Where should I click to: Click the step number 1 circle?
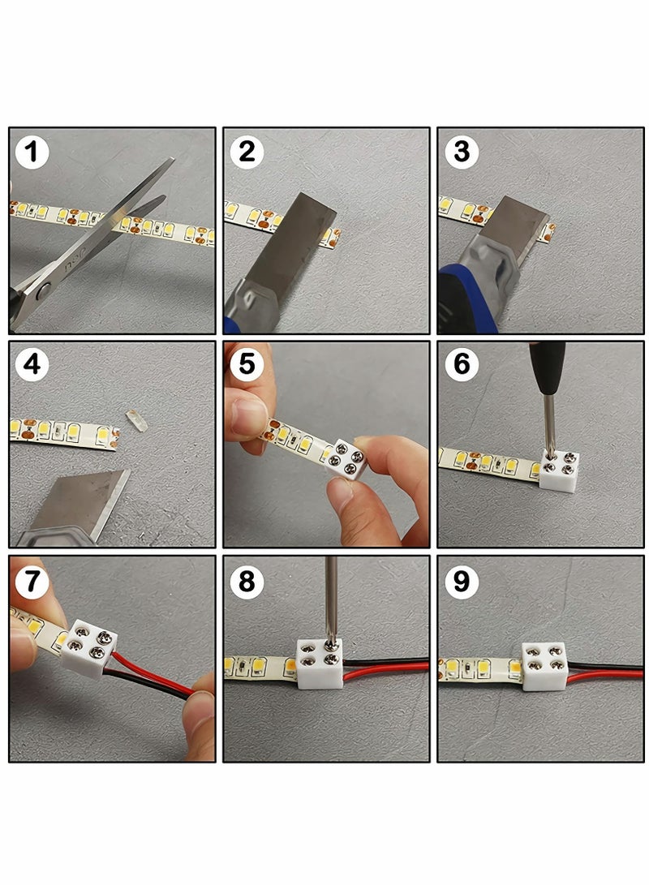point(32,152)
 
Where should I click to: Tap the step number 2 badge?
point(247,152)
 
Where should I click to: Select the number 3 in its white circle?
point(462,152)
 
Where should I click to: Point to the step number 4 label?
point(32,364)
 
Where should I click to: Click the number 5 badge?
point(247,364)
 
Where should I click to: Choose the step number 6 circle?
point(462,364)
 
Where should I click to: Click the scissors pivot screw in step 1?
point(44,292)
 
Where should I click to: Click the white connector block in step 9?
point(544,667)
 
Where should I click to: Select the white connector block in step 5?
point(346,459)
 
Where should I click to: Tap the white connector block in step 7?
point(89,648)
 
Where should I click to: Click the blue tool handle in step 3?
point(466,300)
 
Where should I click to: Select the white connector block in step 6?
point(559,470)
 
